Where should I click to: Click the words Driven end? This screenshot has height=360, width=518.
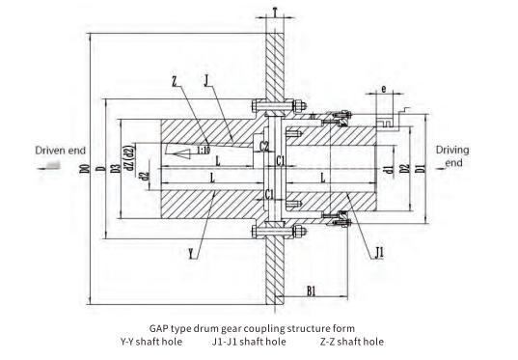pos(63,151)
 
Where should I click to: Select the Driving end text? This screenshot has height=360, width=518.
pos(452,156)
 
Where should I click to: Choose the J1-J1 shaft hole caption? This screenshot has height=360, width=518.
pos(249,341)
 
